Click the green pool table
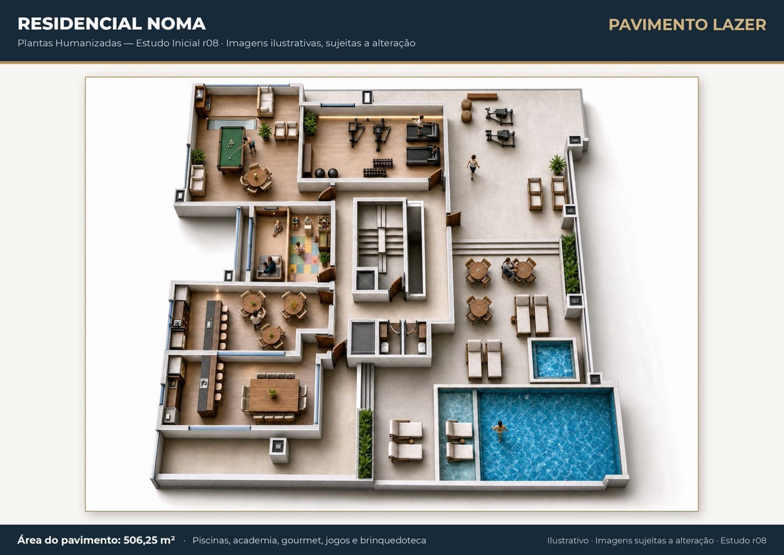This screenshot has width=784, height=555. pos(231,149)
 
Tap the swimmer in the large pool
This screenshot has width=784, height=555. pos(500,431)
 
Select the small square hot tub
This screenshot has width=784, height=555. pos(553,360)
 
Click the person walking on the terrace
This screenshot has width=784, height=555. pos(473,166)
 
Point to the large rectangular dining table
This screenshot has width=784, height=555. pos(274,395)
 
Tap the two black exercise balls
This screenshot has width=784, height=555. pos(326,173)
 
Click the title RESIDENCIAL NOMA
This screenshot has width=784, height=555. pos(111,24)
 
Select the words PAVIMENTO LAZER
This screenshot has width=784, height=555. pos(687,25)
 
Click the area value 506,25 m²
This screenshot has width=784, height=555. pos(149,540)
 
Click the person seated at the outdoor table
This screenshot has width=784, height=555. pos(508,268)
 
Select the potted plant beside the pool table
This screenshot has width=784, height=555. pos(265,131)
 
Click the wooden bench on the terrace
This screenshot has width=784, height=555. pos(482,97)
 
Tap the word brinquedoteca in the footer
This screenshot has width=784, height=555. pos(393,540)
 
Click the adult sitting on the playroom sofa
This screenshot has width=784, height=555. pos(269,265)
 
